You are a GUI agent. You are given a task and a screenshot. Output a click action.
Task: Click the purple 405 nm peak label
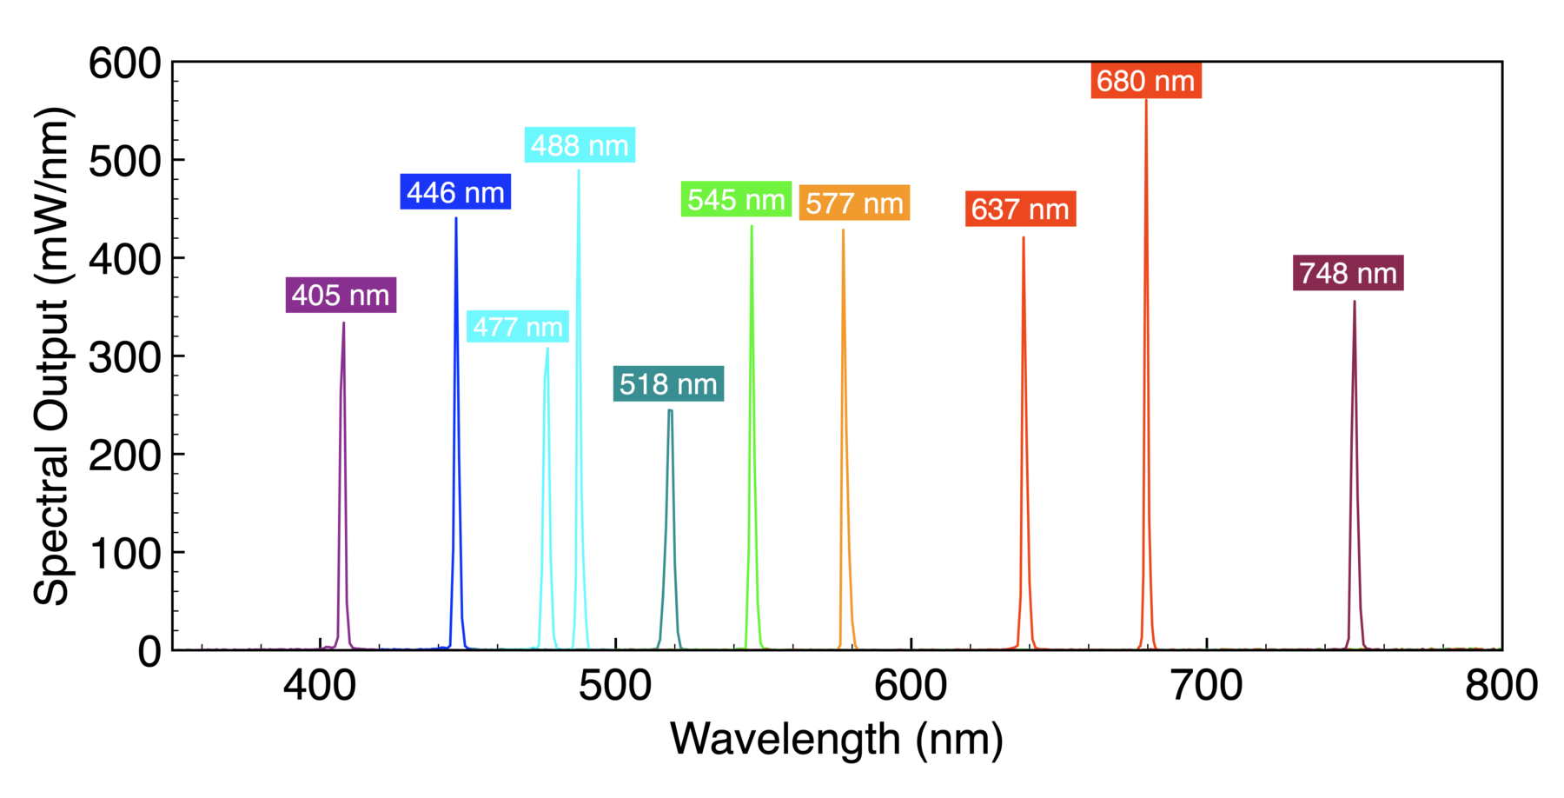tap(341, 296)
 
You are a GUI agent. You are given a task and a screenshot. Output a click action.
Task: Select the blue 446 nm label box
tap(455, 192)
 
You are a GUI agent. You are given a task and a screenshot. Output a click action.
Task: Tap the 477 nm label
tap(518, 327)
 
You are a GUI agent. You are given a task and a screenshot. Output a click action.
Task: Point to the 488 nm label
tap(580, 145)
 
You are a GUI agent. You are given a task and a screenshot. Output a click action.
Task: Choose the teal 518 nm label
tap(668, 383)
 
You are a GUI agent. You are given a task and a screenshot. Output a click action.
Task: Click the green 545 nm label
tap(736, 199)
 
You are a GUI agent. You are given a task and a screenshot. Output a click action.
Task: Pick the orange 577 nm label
tap(854, 203)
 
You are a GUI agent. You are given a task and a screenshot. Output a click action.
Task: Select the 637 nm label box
tap(1020, 209)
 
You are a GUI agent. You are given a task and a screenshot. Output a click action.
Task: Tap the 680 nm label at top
tap(1145, 81)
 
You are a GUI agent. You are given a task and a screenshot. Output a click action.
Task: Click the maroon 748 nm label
tap(1348, 273)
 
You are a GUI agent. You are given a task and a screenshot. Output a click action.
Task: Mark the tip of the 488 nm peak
tap(579, 170)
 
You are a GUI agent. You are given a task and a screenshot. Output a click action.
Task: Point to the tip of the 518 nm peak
tap(670, 410)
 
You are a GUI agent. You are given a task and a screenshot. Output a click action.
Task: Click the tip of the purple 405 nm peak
tap(344, 323)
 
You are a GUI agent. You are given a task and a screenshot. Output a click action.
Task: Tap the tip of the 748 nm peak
tap(1354, 303)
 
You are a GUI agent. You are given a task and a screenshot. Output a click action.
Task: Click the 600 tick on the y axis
tap(125, 63)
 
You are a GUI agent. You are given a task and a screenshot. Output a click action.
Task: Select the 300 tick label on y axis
tap(125, 356)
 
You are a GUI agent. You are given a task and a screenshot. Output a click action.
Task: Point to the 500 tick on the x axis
tap(615, 686)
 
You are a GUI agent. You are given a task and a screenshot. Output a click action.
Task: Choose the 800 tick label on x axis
tap(1501, 686)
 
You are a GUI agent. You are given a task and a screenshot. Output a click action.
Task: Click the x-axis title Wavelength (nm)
tap(837, 739)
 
